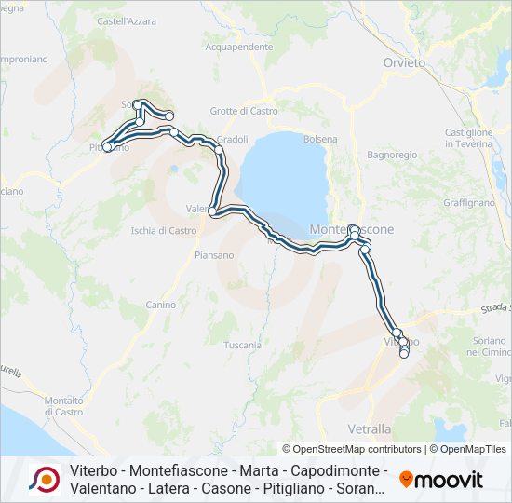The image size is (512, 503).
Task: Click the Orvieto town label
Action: coord(404,62)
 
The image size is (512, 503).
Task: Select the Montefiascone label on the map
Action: coord(352,229)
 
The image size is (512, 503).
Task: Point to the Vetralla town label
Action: coord(395,429)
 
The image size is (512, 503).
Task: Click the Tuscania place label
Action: coord(243,345)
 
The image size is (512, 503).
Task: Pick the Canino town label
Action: coord(160,305)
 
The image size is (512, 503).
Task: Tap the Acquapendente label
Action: coord(238,46)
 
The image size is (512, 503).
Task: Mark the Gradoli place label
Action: coord(232,140)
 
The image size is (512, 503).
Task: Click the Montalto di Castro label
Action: coord(63,405)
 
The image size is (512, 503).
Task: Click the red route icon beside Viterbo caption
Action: coord(45,479)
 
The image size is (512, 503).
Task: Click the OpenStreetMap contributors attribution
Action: coord(352,449)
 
